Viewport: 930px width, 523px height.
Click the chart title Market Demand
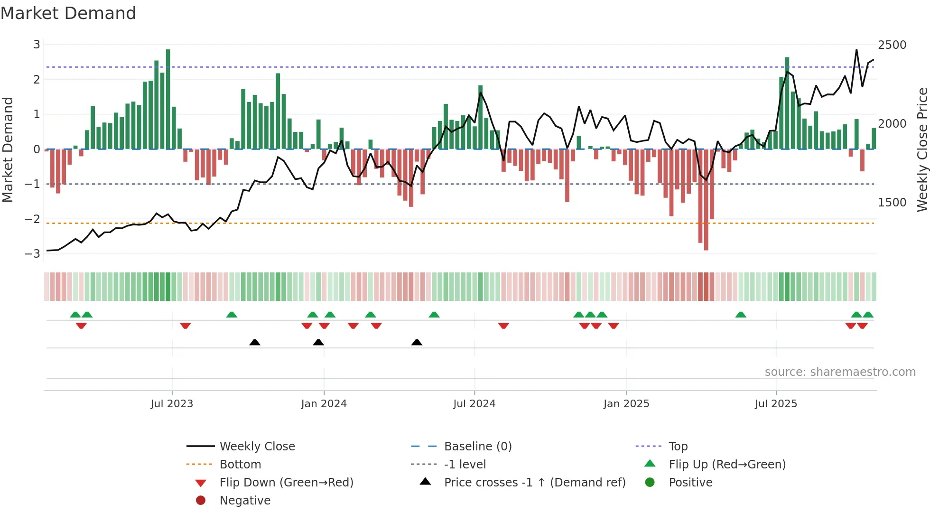pyautogui.click(x=68, y=13)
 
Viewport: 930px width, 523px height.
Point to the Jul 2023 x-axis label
pyautogui.click(x=172, y=404)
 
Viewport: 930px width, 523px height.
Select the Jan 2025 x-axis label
pyautogui.click(x=626, y=404)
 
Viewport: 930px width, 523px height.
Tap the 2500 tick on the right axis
pyautogui.click(x=892, y=45)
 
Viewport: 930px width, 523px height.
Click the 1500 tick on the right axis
pyautogui.click(x=892, y=203)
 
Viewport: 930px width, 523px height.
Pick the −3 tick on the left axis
pyautogui.click(x=33, y=254)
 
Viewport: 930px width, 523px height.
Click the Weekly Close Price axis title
pyautogui.click(x=922, y=149)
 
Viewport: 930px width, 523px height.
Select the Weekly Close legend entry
pyautogui.click(x=257, y=447)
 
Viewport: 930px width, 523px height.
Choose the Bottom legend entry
pyautogui.click(x=240, y=465)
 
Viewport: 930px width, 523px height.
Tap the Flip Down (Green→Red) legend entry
pyautogui.click(x=286, y=483)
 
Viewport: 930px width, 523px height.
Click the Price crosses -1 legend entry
pyautogui.click(x=535, y=483)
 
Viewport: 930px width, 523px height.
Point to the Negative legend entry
pyautogui.click(x=245, y=501)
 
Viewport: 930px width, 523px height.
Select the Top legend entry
pyautogui.click(x=678, y=447)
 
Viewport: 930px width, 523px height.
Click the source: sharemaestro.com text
pyautogui.click(x=840, y=372)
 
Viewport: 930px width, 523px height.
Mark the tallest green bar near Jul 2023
pyautogui.click(x=168, y=100)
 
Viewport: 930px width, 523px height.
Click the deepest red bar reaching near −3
pyautogui.click(x=706, y=199)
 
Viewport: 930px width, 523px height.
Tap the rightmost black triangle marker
pyautogui.click(x=417, y=343)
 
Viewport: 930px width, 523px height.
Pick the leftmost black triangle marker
pyautogui.click(x=255, y=343)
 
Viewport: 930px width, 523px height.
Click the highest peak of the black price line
pyautogui.click(x=856, y=50)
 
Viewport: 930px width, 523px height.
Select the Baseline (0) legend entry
pyautogui.click(x=478, y=447)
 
